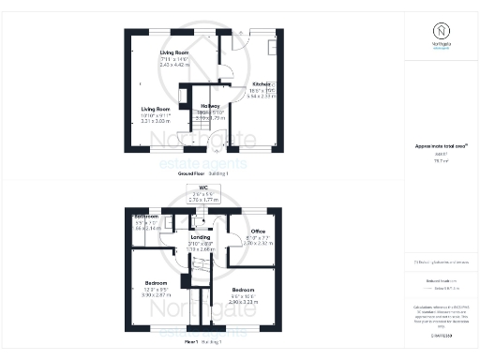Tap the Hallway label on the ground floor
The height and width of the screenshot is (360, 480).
209,106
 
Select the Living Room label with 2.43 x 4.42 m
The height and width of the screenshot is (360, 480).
174,52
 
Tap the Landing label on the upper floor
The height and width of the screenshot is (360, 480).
201,238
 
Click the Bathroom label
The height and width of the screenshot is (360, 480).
146,217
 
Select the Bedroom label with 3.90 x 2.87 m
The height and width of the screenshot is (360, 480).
157,283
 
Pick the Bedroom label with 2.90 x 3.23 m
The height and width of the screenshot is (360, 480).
243,290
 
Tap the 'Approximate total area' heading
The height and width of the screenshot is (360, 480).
439,146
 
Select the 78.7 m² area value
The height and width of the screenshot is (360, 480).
439,161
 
